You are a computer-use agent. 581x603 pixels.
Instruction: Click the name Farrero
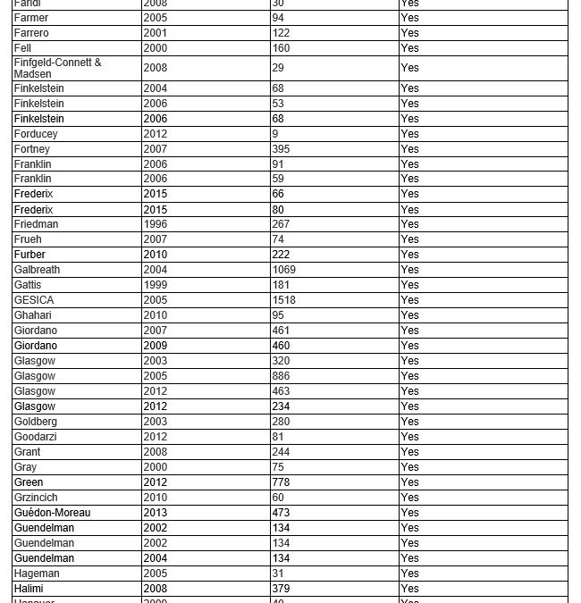[x=31, y=33]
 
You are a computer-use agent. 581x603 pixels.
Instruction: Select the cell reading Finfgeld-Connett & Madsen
[x=57, y=68]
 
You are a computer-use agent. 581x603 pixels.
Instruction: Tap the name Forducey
[x=36, y=134]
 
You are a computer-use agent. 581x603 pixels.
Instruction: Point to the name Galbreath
[x=37, y=270]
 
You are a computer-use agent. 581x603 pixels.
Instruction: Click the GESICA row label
[x=34, y=300]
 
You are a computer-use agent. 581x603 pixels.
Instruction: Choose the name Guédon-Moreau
[x=52, y=513]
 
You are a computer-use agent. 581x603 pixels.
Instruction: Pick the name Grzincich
[x=36, y=498]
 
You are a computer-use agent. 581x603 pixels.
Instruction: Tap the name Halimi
[x=29, y=589]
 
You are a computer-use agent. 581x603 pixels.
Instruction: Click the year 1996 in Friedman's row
[x=155, y=224]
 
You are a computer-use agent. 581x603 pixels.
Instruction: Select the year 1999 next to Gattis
[x=155, y=285]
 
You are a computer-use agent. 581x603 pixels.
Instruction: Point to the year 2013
[x=155, y=513]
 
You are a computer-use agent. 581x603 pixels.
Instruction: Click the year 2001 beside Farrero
[x=155, y=33]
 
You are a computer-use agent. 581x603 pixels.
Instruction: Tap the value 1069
[x=283, y=270]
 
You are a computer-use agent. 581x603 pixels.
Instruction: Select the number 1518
[x=283, y=300]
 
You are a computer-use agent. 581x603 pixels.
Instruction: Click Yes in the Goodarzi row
[x=409, y=437]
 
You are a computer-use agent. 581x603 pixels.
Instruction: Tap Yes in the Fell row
[x=409, y=48]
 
